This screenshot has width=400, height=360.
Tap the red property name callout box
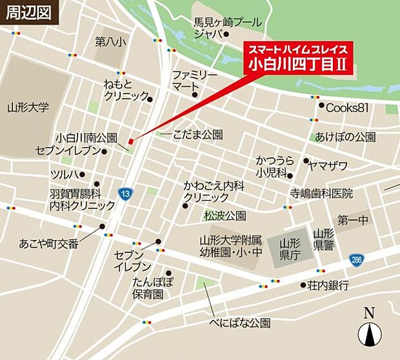coord(299,57)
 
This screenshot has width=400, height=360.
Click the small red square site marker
coord(130,141)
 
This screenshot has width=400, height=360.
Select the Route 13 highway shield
coord(123,193)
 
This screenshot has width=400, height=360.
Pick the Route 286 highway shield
coord(356,259)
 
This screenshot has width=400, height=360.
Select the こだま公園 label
coord(198,135)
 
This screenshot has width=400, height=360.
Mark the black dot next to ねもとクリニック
coord(150,99)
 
